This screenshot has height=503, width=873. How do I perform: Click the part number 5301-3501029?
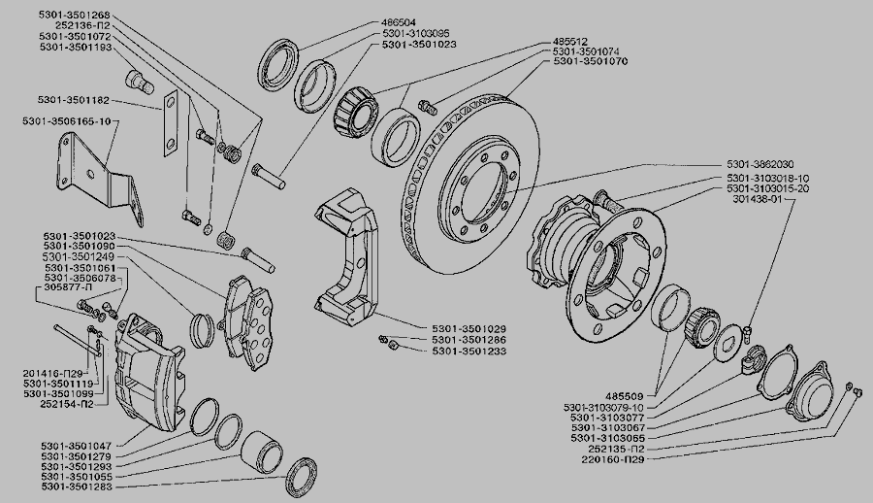(x=469, y=329)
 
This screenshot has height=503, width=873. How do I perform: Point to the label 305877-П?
(x=68, y=289)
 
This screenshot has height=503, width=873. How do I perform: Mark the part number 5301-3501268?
(x=75, y=14)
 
